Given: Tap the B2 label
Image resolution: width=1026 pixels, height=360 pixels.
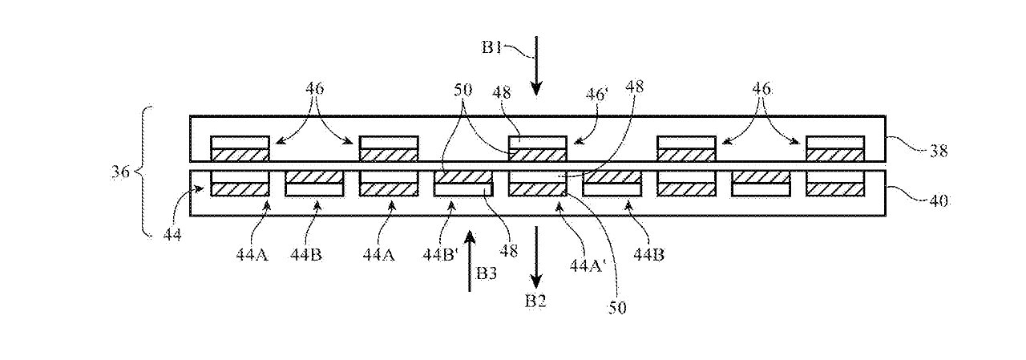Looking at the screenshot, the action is [x=535, y=301].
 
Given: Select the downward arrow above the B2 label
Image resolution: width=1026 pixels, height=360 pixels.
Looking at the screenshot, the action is [x=536, y=257].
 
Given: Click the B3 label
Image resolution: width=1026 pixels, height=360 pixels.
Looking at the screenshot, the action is [x=487, y=273].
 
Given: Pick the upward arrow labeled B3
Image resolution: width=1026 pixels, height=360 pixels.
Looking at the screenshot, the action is [x=470, y=261].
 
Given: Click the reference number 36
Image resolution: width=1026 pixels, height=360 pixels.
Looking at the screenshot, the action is [x=121, y=172].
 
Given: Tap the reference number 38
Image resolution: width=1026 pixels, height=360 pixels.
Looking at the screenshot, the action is [x=939, y=151].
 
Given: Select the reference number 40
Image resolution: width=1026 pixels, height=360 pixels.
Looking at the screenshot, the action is [x=939, y=200].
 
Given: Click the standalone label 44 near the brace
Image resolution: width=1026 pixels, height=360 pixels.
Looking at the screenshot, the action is [x=172, y=235].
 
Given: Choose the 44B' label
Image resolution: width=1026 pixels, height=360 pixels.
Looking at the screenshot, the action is [x=441, y=255].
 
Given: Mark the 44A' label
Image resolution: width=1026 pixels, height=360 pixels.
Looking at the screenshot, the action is [x=588, y=265].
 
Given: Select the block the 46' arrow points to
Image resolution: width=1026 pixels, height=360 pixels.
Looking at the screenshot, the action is [x=538, y=148].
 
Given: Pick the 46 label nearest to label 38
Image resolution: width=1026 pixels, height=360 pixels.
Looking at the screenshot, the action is [x=761, y=89].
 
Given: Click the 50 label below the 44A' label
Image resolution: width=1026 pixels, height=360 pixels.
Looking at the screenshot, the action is [x=616, y=307].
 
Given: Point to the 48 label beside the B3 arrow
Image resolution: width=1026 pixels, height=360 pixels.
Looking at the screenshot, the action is [x=508, y=250].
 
